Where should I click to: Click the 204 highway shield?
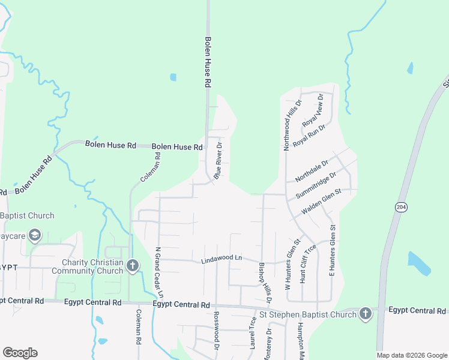pyautogui.click(x=401, y=206)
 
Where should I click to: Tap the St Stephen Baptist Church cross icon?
pyautogui.click(x=366, y=314)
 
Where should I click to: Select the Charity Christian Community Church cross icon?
pyautogui.click(x=133, y=265)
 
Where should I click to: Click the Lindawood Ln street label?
pyautogui.click(x=221, y=258)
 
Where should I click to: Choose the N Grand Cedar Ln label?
pyautogui.click(x=158, y=272)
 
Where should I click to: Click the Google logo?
pyautogui.click(x=20, y=353)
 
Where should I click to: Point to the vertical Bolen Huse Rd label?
pyautogui.click(x=208, y=63)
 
